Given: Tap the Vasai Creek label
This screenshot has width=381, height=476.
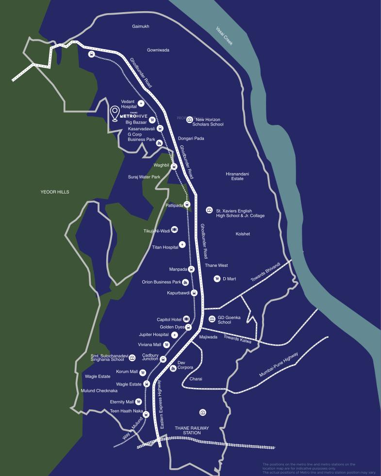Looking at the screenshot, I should click(225, 35).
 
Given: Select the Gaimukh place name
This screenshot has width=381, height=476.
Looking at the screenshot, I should click(141, 26).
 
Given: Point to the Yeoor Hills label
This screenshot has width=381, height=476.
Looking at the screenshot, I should click(55, 192).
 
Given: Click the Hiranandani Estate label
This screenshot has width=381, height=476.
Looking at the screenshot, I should click(237, 176).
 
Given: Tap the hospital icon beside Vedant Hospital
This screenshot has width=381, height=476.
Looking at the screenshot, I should click(141, 104).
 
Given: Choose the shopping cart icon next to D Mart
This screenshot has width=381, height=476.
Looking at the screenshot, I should click(217, 279).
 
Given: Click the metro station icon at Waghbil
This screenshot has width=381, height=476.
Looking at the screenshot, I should click(174, 166).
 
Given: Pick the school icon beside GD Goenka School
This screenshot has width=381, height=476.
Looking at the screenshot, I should click(212, 319).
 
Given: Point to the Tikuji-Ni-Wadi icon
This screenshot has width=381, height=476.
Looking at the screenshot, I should click(174, 229).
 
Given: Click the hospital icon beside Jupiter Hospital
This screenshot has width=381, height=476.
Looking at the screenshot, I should click(174, 335).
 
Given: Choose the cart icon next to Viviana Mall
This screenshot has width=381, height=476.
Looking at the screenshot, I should click(166, 345).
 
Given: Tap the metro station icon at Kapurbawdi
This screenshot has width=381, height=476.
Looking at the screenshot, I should click(194, 293).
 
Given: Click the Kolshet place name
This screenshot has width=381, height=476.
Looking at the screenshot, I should click(243, 234).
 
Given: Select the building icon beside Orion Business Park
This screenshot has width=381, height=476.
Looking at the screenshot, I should click(185, 282).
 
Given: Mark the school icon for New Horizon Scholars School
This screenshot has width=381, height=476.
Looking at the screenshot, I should click(190, 119).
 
